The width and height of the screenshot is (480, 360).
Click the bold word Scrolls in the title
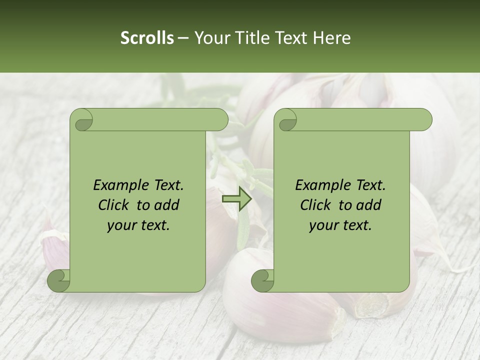[147, 38]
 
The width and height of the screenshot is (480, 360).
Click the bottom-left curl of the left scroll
[59, 280]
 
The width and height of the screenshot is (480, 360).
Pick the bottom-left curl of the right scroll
[263, 280]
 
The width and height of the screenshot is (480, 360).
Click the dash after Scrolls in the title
[183, 38]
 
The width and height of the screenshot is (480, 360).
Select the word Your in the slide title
[210, 38]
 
